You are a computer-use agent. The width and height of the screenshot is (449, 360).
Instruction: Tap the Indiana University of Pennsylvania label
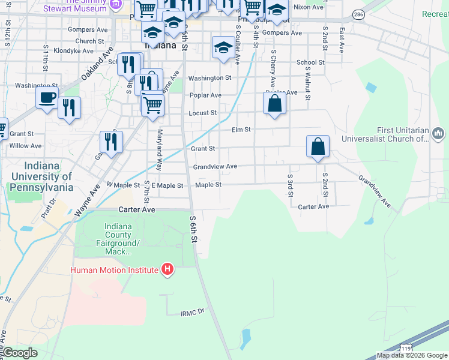41,176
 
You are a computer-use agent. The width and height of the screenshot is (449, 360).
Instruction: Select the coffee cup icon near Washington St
47,98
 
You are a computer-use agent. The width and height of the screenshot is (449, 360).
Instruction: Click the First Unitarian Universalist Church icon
437,133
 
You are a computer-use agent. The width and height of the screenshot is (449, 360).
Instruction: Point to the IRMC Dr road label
193,312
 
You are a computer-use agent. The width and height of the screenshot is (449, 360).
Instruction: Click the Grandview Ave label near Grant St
215,166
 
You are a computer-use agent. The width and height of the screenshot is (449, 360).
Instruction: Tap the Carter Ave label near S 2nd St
314,206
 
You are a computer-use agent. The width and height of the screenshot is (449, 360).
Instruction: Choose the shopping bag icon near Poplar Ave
274,103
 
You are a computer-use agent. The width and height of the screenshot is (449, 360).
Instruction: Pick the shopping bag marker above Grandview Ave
318,146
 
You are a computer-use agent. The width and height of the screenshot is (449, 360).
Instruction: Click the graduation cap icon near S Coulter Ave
223,47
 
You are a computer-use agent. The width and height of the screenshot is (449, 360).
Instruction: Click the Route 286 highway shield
358,14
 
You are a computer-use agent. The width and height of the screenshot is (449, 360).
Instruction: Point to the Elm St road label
241,130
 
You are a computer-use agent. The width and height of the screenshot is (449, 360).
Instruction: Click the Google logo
20,353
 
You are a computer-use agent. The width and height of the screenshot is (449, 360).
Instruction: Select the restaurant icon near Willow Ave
111,142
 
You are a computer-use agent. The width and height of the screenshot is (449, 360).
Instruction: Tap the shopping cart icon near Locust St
153,104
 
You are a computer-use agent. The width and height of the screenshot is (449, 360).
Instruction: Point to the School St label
310,62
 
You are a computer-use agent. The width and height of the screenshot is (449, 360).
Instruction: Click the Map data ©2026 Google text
411,355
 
